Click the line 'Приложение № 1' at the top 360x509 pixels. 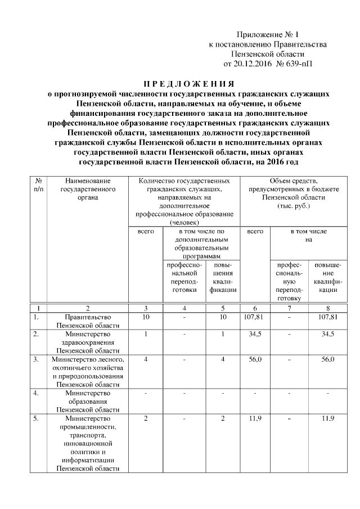[267, 34]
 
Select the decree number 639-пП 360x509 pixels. [298, 63]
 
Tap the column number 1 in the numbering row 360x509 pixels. [39, 308]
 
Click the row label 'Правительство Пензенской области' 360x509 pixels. [88, 321]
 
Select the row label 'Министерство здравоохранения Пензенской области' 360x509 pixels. [88, 342]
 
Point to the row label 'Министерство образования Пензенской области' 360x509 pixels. [88, 401]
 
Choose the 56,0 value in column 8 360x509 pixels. [327, 359]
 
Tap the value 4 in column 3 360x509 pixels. [146, 359]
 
